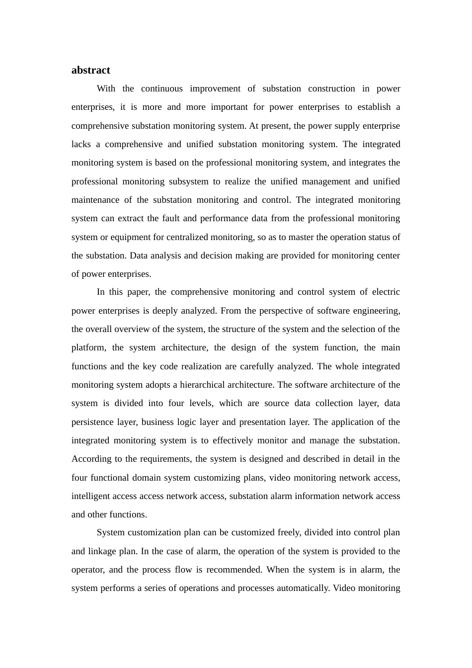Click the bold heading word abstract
pos(90,70)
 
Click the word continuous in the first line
pos(161,88)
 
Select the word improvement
pos(214,88)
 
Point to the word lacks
pos(81,144)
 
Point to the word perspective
pos(279,311)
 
